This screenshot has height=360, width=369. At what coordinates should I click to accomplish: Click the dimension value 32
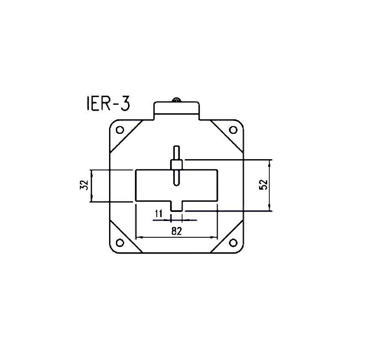pyautogui.click(x=84, y=185)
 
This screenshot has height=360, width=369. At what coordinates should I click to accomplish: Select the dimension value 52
pyautogui.click(x=263, y=185)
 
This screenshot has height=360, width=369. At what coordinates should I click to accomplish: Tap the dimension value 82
pyautogui.click(x=176, y=231)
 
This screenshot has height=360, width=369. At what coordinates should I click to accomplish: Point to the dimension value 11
pyautogui.click(x=158, y=214)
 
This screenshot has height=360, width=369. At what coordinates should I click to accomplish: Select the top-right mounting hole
pyautogui.click(x=233, y=130)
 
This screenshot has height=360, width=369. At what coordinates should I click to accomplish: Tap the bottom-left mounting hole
pyautogui.click(x=120, y=243)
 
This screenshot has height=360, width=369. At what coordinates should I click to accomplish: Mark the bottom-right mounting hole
pyautogui.click(x=233, y=243)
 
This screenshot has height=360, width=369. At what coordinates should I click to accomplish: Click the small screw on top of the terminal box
pyautogui.click(x=176, y=100)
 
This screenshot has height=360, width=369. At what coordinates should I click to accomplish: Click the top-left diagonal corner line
pyautogui.click(x=127, y=136)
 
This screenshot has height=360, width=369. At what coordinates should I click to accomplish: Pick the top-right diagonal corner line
pyautogui.click(x=226, y=136)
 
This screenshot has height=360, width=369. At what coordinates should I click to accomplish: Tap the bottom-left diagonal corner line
pyautogui.click(x=126, y=236)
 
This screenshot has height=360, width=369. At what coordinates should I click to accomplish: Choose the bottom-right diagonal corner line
pyautogui.click(x=227, y=236)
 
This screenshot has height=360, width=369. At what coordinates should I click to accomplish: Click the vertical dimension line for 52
pyautogui.click(x=271, y=185)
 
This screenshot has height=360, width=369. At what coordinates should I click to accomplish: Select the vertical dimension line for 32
pyautogui.click(x=92, y=185)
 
